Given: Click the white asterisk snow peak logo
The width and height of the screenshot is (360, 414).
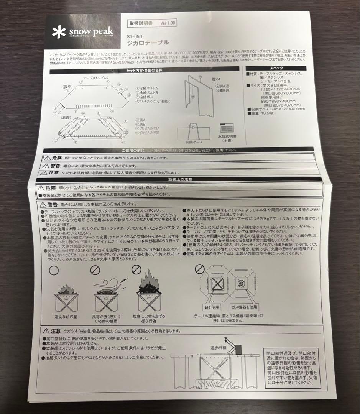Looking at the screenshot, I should tap(59, 32).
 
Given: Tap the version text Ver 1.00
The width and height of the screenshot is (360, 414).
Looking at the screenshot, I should tap(168, 23).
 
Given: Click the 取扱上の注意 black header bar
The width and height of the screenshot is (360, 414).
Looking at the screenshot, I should tap(180, 179).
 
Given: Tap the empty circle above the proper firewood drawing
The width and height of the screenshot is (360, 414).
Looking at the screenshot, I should tap(54, 270).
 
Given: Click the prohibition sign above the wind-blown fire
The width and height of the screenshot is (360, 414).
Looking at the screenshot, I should tap(95, 270).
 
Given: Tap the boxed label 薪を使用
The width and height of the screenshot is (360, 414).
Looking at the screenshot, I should tap(212, 307).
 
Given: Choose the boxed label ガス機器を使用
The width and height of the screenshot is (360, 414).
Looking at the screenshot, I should tap(244, 307).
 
